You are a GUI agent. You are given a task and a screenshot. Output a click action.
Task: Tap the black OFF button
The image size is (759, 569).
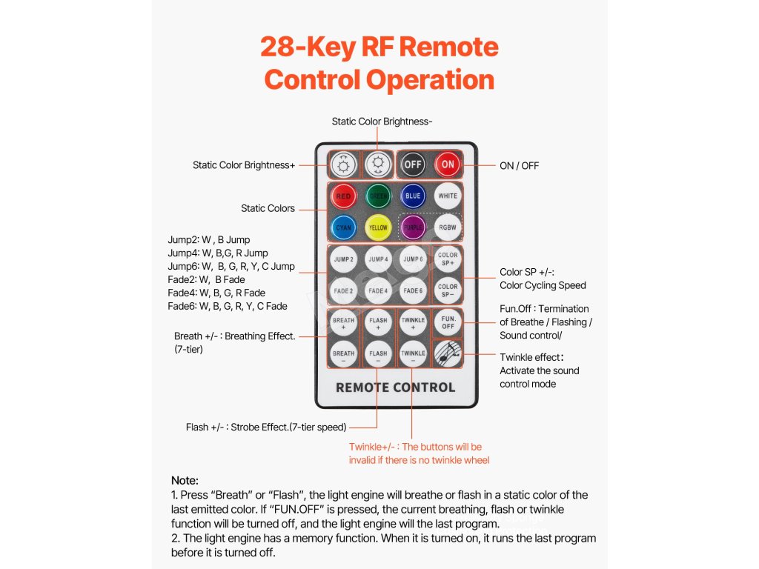click(x=413, y=164)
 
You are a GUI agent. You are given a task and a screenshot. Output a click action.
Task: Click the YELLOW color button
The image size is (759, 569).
click(x=378, y=227)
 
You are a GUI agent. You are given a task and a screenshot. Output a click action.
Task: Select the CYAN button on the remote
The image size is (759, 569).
click(x=343, y=227)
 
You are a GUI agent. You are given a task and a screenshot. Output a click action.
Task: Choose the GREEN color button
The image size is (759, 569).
click(x=378, y=196)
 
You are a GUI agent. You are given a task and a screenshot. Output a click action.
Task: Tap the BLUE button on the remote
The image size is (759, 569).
click(x=413, y=196)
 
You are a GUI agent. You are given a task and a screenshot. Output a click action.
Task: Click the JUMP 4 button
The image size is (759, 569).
click(x=378, y=259)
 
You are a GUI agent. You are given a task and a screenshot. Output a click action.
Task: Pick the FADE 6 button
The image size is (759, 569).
click(x=413, y=290)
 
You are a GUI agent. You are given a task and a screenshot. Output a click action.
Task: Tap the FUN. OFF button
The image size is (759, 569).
click(x=448, y=322)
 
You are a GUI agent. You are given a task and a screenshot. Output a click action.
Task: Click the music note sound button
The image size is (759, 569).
click(x=448, y=353)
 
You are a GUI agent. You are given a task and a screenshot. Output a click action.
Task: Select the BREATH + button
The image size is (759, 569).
click(x=343, y=322)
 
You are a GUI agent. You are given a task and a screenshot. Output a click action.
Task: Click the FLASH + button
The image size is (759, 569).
click(x=378, y=322)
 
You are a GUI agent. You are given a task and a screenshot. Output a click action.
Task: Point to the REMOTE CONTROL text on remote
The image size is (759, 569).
click(x=395, y=387)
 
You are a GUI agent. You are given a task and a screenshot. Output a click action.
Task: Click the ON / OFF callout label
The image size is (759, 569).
click(x=519, y=165)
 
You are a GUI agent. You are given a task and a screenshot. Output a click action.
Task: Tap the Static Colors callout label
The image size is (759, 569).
click(x=268, y=208)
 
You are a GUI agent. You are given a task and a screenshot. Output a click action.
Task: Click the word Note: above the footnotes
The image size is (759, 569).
click(x=185, y=480)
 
